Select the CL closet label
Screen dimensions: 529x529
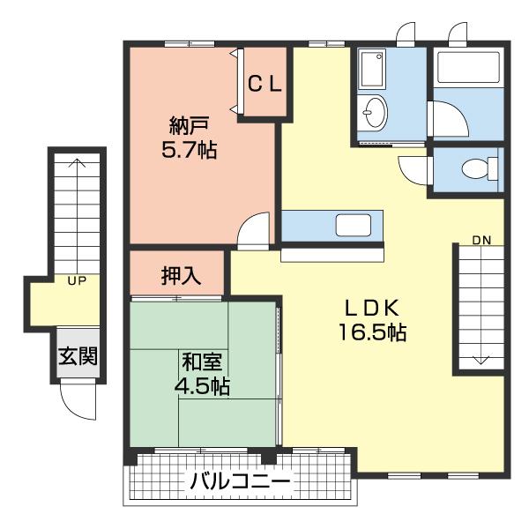[x=264, y=85]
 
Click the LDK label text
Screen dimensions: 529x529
[x=372, y=308]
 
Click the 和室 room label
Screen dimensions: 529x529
[x=201, y=361]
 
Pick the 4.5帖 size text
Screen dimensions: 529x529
[x=201, y=386]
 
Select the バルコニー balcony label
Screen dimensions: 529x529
[x=240, y=482]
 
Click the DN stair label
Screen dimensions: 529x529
[x=481, y=240]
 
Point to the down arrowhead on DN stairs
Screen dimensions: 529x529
[x=481, y=360]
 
